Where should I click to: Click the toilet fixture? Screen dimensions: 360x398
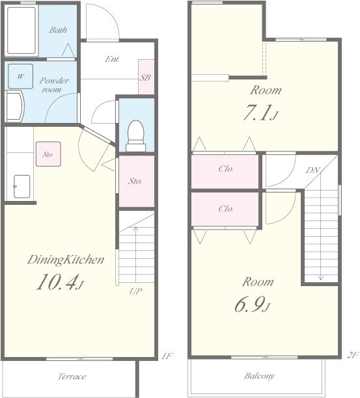136,136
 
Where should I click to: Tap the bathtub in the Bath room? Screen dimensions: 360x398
21,31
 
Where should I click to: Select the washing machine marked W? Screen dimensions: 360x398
20,76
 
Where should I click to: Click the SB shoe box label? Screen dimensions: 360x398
145,77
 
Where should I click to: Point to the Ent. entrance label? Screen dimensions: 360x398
112,59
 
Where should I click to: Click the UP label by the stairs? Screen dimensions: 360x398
135,291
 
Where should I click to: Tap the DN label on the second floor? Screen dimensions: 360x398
312,170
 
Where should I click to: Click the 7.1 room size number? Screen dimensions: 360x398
260,113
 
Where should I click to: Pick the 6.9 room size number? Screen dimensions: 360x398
252,304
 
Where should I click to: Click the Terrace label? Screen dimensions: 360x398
72,376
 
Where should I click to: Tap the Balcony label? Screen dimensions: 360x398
259,376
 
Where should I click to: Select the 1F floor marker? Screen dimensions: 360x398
167,356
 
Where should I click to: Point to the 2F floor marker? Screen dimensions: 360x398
353,355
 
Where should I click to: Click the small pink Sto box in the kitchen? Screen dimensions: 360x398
48,154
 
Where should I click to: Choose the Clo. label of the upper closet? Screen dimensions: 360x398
226,168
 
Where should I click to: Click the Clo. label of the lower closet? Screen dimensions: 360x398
226,209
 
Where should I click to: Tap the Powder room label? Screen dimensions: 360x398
54,85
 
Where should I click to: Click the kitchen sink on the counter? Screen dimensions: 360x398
22,186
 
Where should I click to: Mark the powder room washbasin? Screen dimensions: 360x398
15,107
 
